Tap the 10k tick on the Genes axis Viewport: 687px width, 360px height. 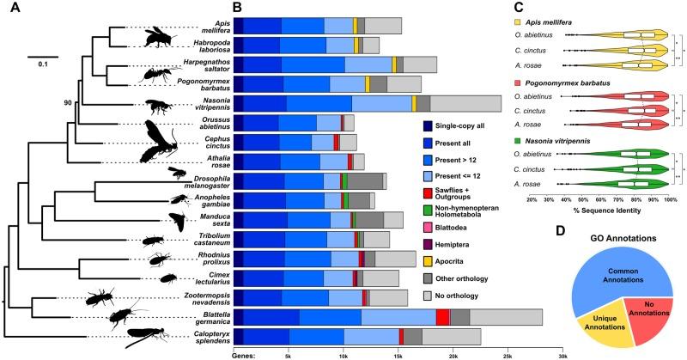(343, 353)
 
